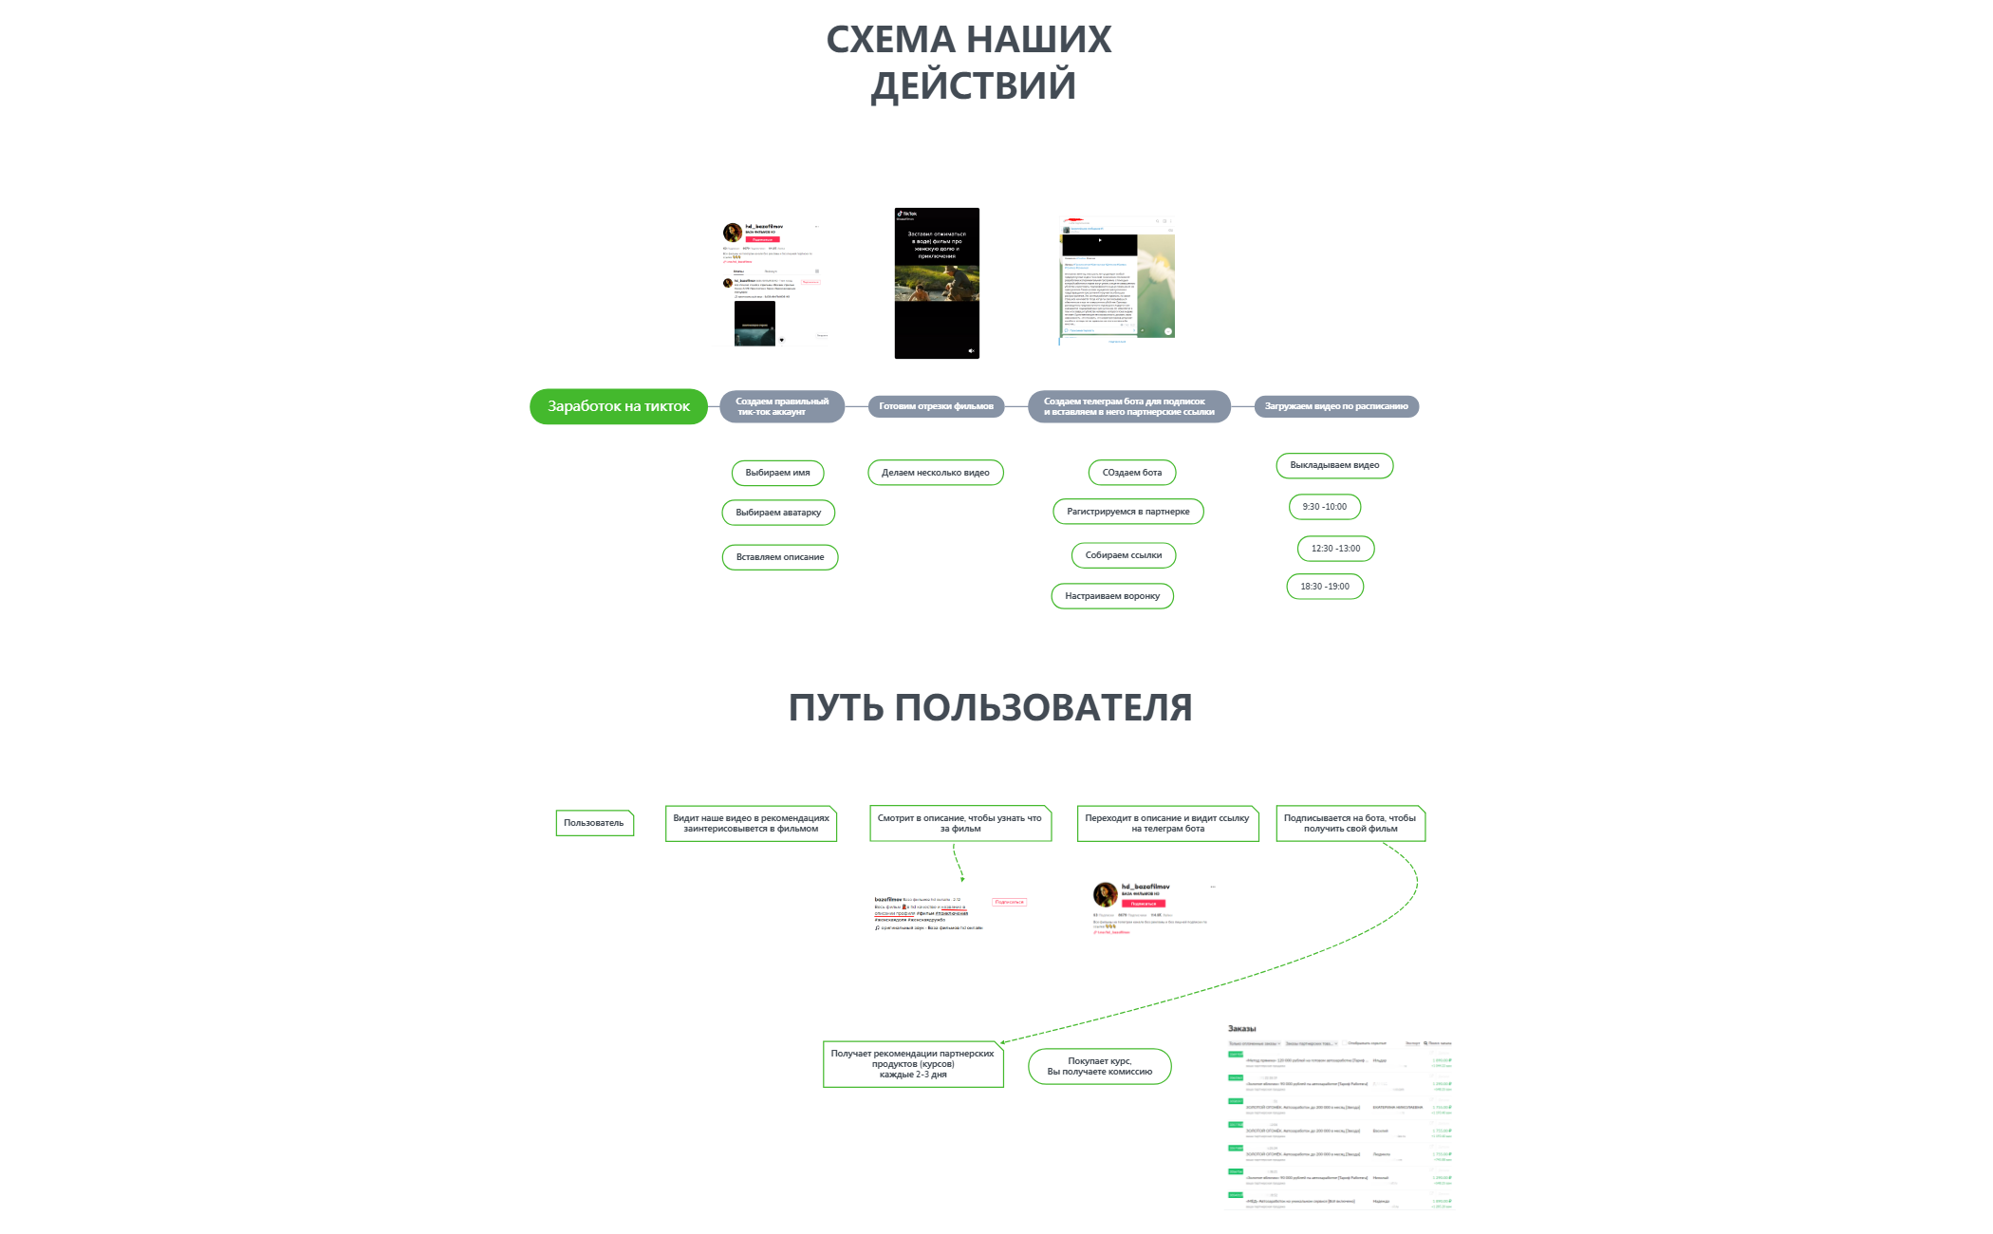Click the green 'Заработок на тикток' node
tap(618, 406)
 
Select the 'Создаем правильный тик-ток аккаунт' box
tap(782, 406)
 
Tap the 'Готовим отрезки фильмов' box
tap(936, 406)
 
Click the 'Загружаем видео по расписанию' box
tap(1335, 406)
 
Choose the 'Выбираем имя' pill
tap(777, 473)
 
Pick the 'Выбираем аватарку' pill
tap(778, 513)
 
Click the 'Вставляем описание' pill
tap(780, 557)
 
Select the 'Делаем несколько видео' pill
tap(935, 473)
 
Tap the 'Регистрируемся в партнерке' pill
tap(1127, 512)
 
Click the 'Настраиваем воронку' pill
tap(1112, 596)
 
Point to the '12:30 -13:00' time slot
tap(1335, 549)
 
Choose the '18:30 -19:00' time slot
tap(1325, 587)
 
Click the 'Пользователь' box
tap(594, 823)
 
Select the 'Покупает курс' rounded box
tap(1099, 1066)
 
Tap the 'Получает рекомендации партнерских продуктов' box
tap(912, 1064)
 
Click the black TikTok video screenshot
tap(937, 283)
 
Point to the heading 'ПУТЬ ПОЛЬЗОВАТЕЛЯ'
tap(990, 708)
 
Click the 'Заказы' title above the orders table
tap(1241, 1029)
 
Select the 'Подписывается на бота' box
tap(1350, 823)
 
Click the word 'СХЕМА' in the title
tap(890, 40)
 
